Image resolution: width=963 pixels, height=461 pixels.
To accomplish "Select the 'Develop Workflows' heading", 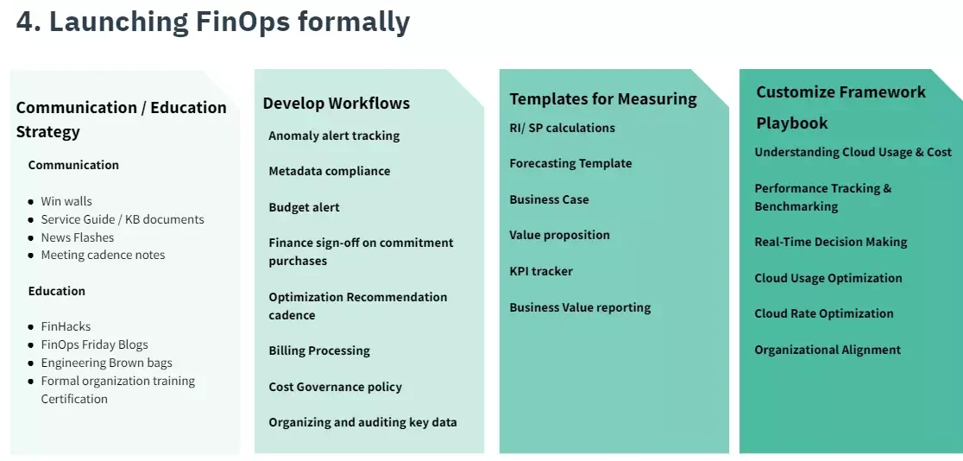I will point(336,103).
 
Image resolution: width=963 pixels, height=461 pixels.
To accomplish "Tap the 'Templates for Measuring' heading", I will point(602,98).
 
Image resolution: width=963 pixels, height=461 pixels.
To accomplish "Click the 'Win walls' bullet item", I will point(66,201).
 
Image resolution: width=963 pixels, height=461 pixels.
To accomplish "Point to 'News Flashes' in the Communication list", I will point(77,237).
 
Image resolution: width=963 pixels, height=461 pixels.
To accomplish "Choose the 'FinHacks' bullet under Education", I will point(66,326).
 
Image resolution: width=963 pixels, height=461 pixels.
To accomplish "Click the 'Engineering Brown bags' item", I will point(106,363).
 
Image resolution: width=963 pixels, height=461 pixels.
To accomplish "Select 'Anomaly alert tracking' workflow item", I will point(334,136).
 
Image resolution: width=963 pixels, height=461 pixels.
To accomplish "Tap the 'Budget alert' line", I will point(304,207).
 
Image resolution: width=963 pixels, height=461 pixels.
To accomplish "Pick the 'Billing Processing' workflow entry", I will point(318,350).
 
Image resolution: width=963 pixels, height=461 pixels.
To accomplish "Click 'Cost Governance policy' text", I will point(335,387).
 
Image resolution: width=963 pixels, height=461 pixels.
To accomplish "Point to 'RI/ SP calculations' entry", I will point(562,128).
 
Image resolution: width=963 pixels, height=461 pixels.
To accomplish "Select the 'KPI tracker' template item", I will point(540,271).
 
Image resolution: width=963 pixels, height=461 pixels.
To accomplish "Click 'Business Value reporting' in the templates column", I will point(580,307).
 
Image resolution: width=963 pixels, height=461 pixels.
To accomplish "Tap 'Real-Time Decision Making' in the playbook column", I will point(830,242).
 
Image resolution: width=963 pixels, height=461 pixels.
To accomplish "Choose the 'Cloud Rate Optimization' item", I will point(823,313).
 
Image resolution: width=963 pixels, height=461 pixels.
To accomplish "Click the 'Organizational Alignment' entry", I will point(827,350).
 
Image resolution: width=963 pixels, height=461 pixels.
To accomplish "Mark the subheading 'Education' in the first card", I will point(56,291).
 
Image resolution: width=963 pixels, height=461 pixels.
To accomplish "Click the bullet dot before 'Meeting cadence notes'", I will point(31,256).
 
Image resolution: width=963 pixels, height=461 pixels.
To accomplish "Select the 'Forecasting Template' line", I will point(570,163).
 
